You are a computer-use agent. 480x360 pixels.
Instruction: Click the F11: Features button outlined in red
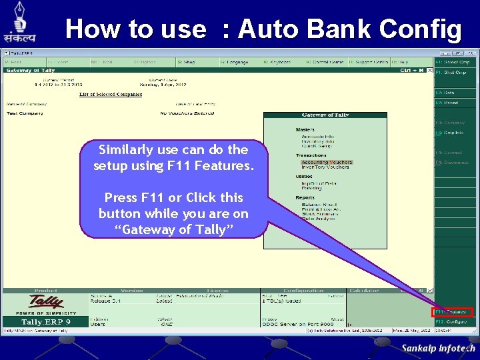[453, 311]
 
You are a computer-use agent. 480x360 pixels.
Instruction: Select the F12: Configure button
[453, 321]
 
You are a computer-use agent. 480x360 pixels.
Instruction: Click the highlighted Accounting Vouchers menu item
[326, 162]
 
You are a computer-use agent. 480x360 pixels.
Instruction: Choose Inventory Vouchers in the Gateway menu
[325, 167]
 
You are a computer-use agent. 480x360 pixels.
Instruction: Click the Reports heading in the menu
[305, 197]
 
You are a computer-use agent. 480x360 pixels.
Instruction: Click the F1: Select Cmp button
[453, 62]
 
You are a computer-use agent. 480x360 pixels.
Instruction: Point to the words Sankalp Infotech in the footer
[438, 348]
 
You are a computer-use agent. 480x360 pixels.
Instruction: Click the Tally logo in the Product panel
[45, 303]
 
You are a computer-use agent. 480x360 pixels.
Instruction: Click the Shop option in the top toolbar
[189, 62]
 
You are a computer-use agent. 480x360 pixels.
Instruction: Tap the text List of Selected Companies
[111, 95]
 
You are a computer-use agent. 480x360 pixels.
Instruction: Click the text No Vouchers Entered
[187, 113]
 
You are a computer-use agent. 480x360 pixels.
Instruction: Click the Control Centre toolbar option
[327, 62]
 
